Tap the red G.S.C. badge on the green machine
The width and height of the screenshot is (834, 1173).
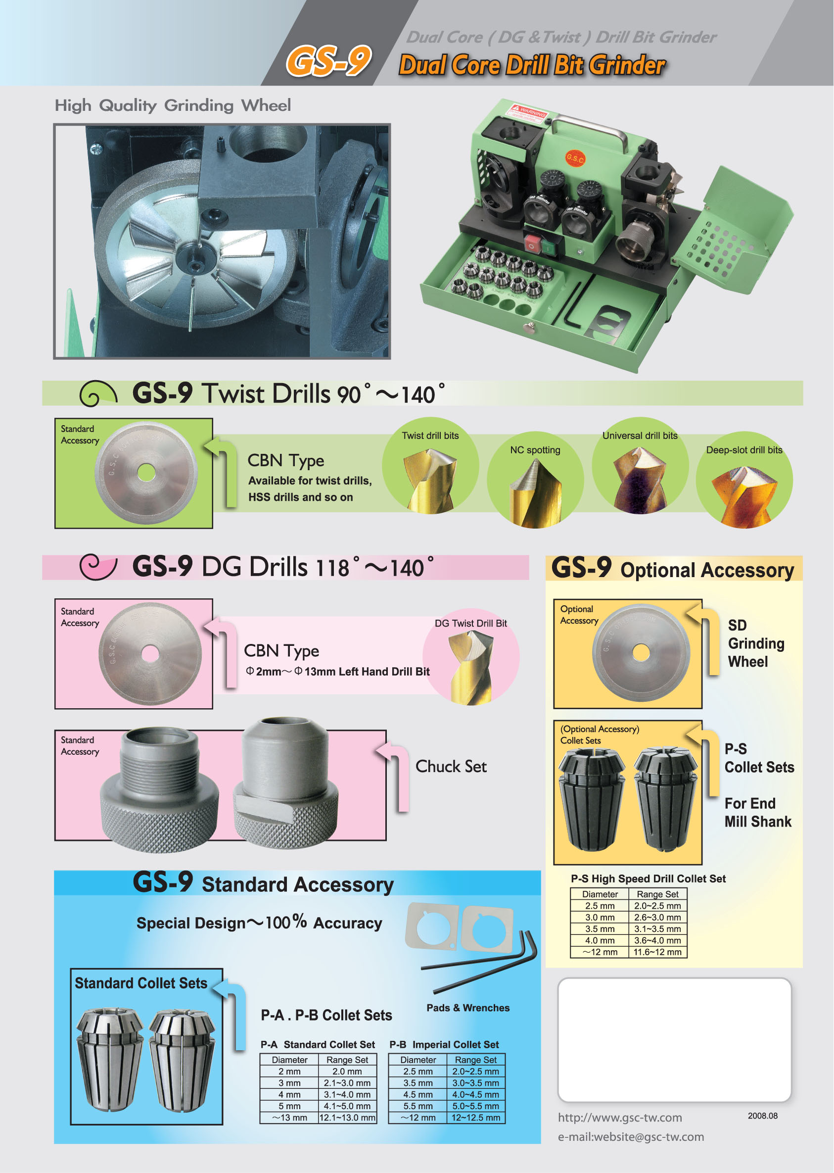[x=575, y=158]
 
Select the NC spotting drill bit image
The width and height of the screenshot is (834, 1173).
[x=535, y=493]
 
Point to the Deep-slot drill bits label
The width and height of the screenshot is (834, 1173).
[x=744, y=450]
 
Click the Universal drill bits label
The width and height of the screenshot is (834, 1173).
[x=640, y=436]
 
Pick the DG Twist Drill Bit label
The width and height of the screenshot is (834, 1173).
[x=470, y=623]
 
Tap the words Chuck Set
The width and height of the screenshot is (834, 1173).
[x=451, y=767]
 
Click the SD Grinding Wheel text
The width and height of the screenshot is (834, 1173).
[x=756, y=643]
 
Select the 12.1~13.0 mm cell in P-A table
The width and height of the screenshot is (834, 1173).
[x=347, y=1118]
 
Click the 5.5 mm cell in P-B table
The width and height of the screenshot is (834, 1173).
[x=417, y=1106]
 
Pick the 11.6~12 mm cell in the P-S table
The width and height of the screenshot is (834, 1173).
[x=657, y=952]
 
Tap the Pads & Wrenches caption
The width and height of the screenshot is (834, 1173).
[x=468, y=1008]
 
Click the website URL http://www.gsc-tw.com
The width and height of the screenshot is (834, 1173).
[x=620, y=1118]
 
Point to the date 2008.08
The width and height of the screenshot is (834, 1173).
[x=763, y=1116]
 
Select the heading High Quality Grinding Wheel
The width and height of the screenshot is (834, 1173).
[x=173, y=105]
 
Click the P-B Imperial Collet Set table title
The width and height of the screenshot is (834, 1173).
[x=444, y=1044]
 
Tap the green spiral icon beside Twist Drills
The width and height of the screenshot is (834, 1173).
[x=98, y=393]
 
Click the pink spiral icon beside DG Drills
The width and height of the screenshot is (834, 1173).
[x=98, y=567]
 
